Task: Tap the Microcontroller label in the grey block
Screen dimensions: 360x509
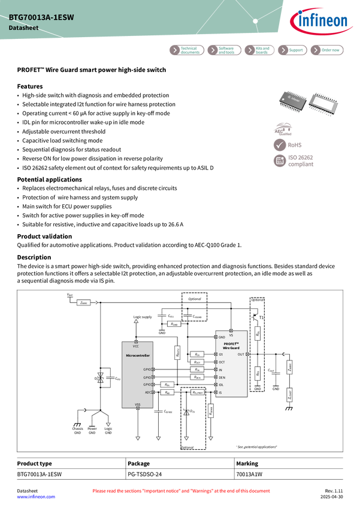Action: click(138, 356)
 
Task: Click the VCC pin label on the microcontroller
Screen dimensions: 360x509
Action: click(136, 346)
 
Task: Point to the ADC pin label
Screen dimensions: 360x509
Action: click(148, 392)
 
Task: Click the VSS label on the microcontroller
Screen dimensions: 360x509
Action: click(137, 405)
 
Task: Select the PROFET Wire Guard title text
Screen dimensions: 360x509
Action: click(231, 346)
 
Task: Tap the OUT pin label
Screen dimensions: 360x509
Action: click(241, 355)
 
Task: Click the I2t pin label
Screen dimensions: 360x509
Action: click(221, 355)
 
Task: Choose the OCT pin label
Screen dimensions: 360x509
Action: click(222, 362)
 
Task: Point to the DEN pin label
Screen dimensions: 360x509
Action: click(222, 378)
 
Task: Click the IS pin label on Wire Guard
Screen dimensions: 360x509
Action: click(220, 393)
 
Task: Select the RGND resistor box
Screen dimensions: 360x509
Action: click(174, 324)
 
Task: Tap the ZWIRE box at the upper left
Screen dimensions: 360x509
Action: click(83, 302)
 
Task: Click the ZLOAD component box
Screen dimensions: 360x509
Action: click(289, 395)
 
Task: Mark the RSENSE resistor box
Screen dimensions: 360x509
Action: click(211, 410)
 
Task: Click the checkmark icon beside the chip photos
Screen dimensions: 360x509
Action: click(280, 145)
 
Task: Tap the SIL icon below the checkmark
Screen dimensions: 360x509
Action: click(280, 160)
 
